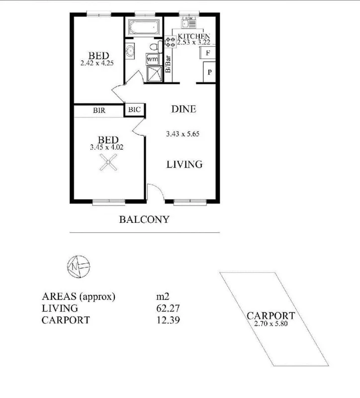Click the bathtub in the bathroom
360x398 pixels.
tap(143, 26)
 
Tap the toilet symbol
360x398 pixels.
tap(155, 47)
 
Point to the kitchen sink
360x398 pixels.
tap(188, 22)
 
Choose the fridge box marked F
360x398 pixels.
tap(208, 53)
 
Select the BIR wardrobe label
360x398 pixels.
tap(98, 111)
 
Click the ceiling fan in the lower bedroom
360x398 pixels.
tap(108, 162)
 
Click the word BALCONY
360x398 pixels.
tap(144, 219)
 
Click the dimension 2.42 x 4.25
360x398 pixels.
tap(97, 63)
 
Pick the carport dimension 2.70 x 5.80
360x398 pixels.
tap(270, 323)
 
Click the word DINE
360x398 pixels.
tap(183, 109)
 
